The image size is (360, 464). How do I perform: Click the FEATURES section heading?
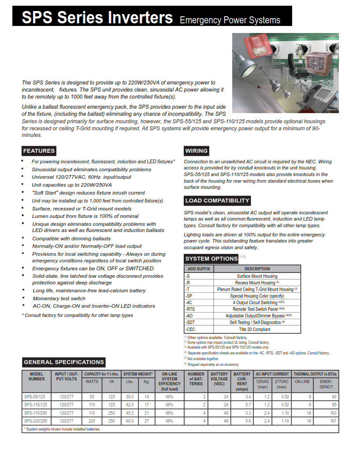click(x=39, y=151)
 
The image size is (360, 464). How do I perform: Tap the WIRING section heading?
click(x=196, y=151)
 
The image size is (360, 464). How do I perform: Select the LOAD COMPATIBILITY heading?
click(x=217, y=201)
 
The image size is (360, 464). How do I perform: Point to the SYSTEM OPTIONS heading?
click(x=211, y=258)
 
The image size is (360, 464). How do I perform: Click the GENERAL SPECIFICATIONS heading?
click(x=63, y=362)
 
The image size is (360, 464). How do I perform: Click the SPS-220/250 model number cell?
click(x=37, y=421)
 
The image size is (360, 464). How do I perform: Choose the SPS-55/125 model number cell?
click(x=37, y=397)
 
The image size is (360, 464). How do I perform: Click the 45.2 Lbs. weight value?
click(x=130, y=413)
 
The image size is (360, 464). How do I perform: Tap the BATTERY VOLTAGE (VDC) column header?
click(x=219, y=379)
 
